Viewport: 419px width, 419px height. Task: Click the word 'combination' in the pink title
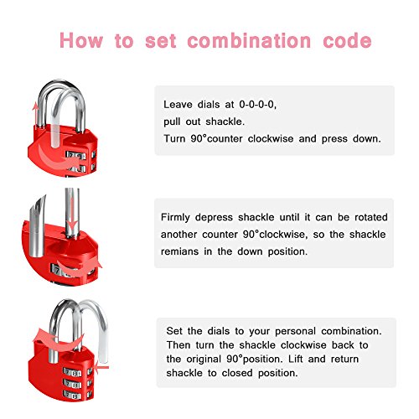(x=249, y=41)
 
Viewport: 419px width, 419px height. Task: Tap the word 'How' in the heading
(x=81, y=41)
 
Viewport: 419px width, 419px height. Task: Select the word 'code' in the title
(x=347, y=41)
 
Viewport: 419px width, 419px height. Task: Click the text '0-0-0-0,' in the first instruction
(x=258, y=105)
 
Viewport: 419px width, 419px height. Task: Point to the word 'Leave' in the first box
(x=178, y=105)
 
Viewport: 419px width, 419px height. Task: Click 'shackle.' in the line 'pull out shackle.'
(x=225, y=122)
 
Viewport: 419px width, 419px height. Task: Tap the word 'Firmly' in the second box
(x=175, y=218)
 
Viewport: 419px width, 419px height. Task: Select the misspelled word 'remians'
(x=179, y=251)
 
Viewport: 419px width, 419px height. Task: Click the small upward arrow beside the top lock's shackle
(x=35, y=116)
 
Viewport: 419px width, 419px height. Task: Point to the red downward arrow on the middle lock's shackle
(x=73, y=213)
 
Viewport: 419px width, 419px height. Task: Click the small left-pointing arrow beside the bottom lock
(x=101, y=367)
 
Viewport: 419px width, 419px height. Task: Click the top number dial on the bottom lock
(x=72, y=373)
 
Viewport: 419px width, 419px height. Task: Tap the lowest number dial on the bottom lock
(x=72, y=395)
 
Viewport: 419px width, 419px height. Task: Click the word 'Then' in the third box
(x=178, y=345)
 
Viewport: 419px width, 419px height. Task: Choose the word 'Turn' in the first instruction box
(x=174, y=139)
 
